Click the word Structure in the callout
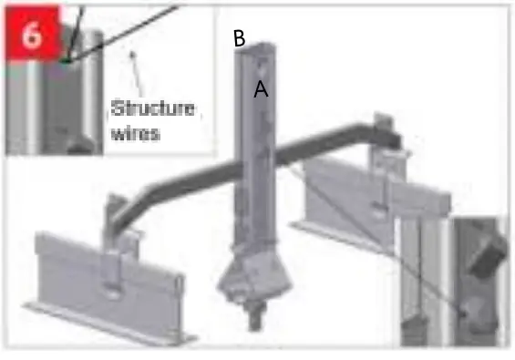(x=153, y=108)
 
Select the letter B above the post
(x=239, y=38)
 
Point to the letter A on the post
(x=261, y=89)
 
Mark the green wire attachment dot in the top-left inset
(x=67, y=61)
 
